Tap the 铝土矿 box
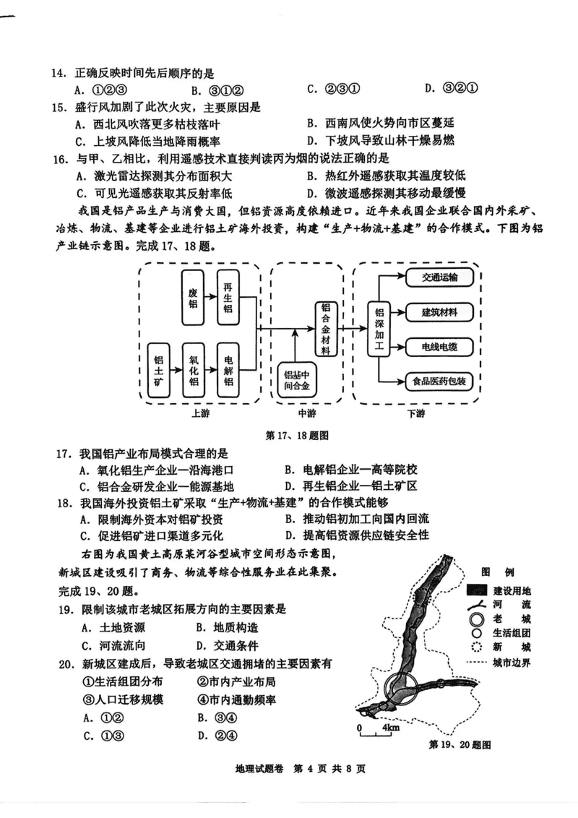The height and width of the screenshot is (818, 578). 159,367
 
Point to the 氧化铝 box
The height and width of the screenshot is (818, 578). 193,367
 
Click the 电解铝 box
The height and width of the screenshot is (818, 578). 228,367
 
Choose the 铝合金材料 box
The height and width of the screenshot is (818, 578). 326,328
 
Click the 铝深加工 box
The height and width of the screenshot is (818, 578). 380,330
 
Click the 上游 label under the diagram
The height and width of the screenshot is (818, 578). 201,414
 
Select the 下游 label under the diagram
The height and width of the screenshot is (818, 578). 416,414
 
